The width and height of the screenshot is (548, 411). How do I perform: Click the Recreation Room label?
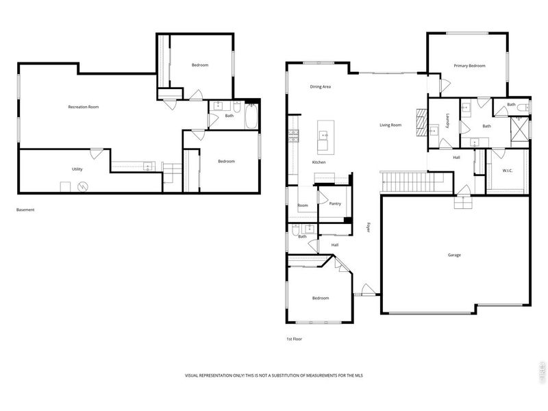(x=84, y=107)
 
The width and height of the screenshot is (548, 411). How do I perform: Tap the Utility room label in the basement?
(x=77, y=169)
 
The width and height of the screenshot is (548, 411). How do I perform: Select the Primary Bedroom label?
(x=469, y=66)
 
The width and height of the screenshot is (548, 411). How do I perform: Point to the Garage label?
(x=454, y=255)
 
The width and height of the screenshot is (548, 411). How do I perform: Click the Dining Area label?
(x=321, y=87)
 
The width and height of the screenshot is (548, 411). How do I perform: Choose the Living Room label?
(x=391, y=125)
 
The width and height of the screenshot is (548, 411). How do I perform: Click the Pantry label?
(x=335, y=203)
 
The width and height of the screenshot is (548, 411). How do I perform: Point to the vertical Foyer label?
(x=369, y=227)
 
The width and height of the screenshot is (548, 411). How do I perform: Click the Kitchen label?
(x=319, y=162)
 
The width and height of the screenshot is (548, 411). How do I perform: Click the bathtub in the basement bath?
(x=251, y=117)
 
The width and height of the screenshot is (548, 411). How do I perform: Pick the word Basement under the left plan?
(x=25, y=210)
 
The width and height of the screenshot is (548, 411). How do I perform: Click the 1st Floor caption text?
(x=294, y=339)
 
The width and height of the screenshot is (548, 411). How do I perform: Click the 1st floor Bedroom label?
(x=321, y=298)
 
